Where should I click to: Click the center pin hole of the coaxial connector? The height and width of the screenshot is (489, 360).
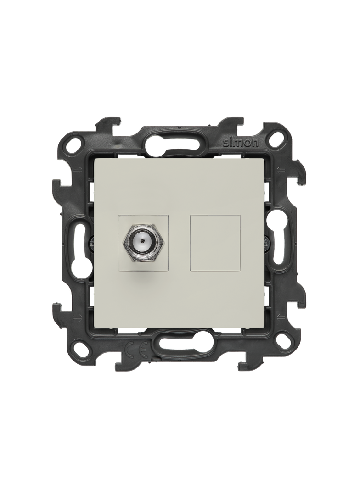pos(142,241)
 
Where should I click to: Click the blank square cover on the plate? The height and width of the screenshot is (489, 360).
pos(215,240)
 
